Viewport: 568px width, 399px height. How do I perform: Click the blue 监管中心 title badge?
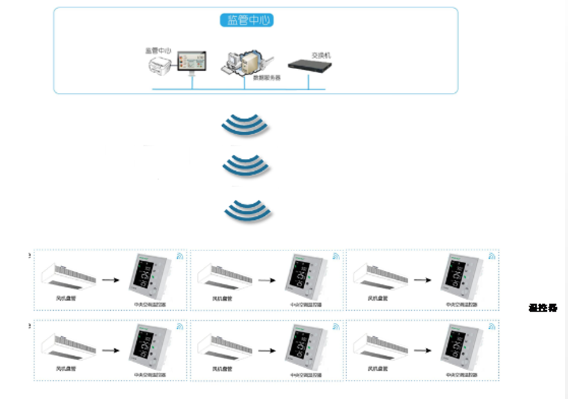click(x=247, y=21)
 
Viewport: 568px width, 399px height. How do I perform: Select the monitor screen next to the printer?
click(x=192, y=61)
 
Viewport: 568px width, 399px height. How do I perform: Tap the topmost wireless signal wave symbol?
click(x=246, y=125)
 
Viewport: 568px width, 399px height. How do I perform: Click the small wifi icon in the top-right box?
click(x=492, y=255)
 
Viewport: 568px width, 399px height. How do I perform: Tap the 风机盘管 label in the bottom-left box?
click(x=65, y=368)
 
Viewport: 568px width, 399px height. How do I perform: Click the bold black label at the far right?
click(x=543, y=308)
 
